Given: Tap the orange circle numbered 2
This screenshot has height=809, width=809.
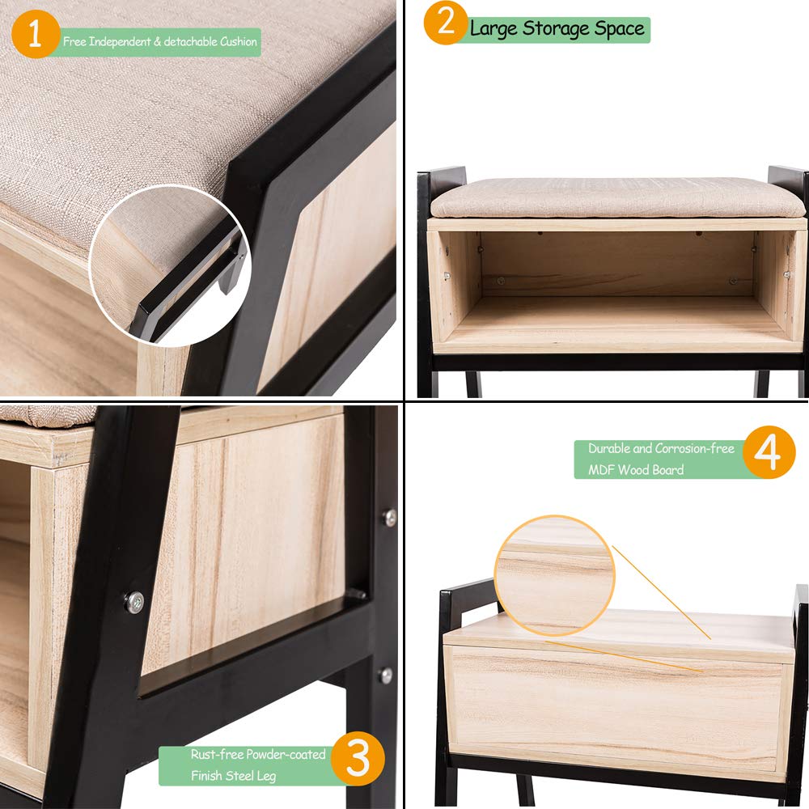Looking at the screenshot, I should (x=445, y=23).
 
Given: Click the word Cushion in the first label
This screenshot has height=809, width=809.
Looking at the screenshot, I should (x=239, y=41).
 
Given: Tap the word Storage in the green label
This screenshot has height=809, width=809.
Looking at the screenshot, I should (x=552, y=29).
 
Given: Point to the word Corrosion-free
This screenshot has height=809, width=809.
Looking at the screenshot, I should (x=696, y=448).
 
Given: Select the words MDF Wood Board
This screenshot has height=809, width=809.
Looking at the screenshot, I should (x=636, y=470).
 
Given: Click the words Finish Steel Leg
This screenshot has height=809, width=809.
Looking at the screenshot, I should (x=234, y=776).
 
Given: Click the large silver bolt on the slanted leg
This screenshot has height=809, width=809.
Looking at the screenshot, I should (x=134, y=601).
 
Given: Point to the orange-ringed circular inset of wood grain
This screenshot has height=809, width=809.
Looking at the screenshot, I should (x=553, y=576).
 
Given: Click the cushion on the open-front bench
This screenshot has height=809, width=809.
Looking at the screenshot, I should (x=617, y=198).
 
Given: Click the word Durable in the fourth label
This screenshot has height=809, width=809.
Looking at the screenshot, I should (x=609, y=448).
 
